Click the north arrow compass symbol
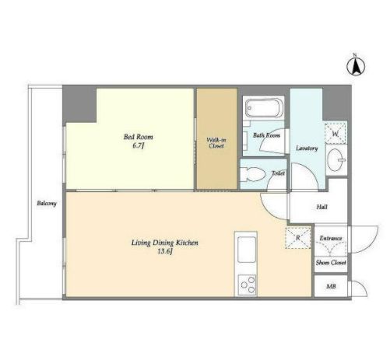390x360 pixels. pyautogui.click(x=356, y=66)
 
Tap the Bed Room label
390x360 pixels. pyautogui.click(x=139, y=137)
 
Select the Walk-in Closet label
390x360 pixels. pyautogui.click(x=216, y=143)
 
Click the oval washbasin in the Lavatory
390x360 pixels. pyautogui.click(x=336, y=160)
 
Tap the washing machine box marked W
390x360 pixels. pyautogui.click(x=336, y=134)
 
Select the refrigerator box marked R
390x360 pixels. pyautogui.click(x=298, y=238)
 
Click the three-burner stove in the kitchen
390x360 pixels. pyautogui.click(x=247, y=285)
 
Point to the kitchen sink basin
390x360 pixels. pyautogui.click(x=246, y=250)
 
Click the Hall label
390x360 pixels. pyautogui.click(x=321, y=207)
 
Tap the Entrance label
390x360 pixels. pyautogui.click(x=331, y=238)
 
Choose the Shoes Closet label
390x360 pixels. pyautogui.click(x=331, y=263)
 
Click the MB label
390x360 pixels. pyautogui.click(x=331, y=286)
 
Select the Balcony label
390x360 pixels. pyautogui.click(x=47, y=204)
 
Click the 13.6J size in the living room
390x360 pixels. pyautogui.click(x=165, y=251)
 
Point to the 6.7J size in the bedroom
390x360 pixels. pyautogui.click(x=138, y=145)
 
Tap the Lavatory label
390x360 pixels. pyautogui.click(x=307, y=149)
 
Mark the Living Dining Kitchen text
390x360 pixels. pyautogui.click(x=165, y=243)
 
